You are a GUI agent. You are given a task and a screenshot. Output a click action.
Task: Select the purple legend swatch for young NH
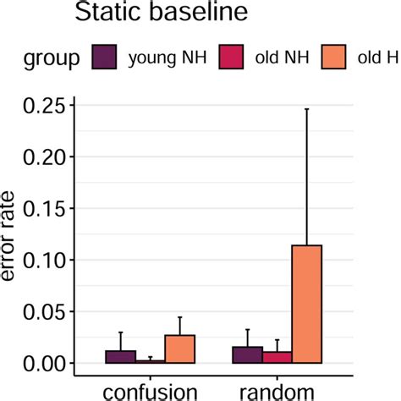103,58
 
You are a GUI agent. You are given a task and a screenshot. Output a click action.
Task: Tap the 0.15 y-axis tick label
42,209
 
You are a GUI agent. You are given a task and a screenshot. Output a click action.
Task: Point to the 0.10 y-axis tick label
42,261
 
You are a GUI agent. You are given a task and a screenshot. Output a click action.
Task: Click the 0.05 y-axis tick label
42,312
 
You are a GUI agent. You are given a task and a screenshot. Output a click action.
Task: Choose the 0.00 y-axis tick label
42,364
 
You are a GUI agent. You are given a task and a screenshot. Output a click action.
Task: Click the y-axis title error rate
12,237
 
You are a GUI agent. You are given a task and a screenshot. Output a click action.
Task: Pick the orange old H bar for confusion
180,349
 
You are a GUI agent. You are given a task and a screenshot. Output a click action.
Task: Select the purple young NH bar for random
247,355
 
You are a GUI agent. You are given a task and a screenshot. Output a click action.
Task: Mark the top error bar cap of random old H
306,109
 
